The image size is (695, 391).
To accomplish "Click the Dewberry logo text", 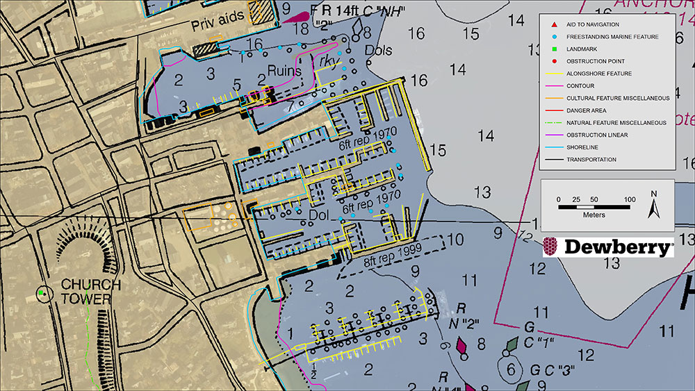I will (x=617, y=247).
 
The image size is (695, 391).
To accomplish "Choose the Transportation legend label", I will (x=591, y=159).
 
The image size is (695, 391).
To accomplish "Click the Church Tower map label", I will (x=90, y=291).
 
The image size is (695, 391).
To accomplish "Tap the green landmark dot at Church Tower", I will (x=41, y=294).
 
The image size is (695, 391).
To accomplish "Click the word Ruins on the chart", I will (x=287, y=71).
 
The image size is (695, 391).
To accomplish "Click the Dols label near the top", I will (x=379, y=50).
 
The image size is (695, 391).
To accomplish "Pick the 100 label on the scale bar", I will (x=629, y=200).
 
